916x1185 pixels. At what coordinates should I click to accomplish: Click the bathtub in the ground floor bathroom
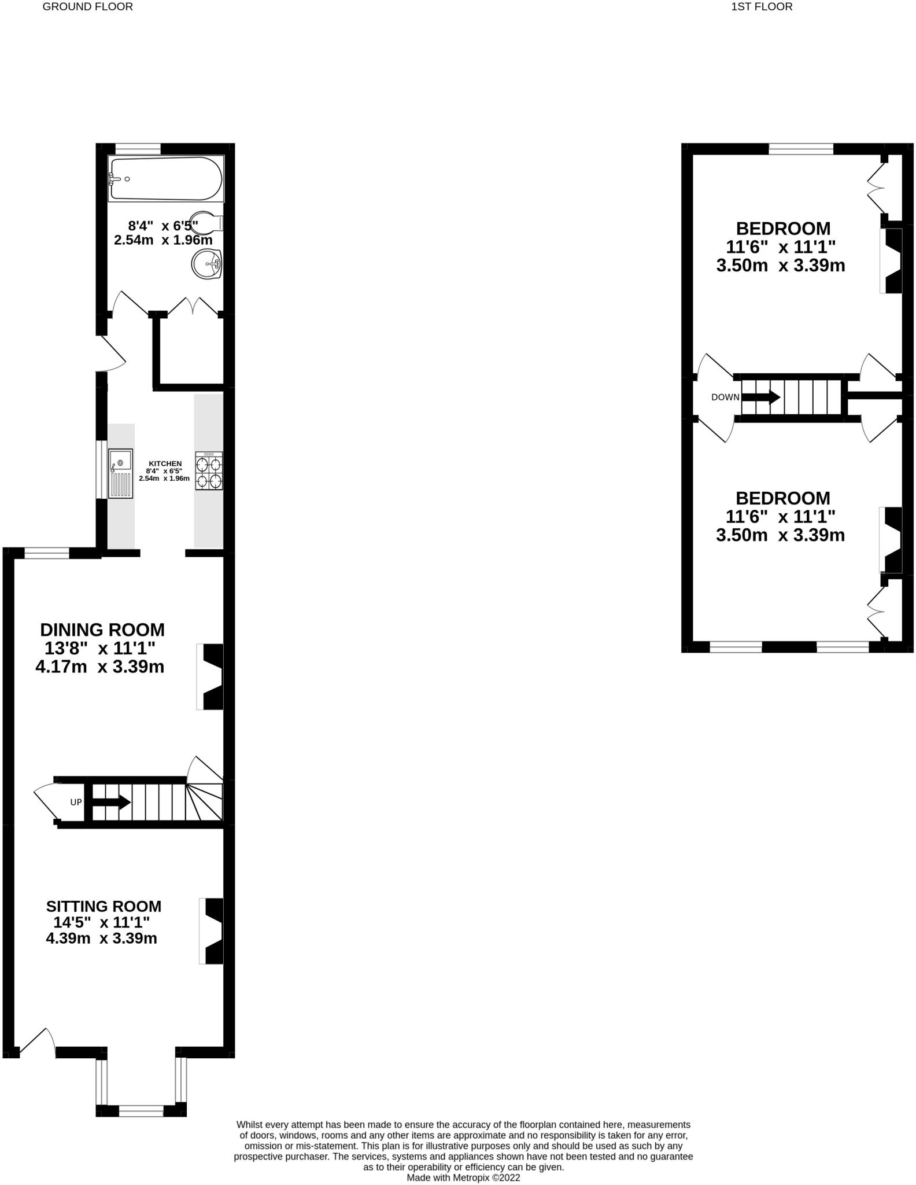(x=165, y=179)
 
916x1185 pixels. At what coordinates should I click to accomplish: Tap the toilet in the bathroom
(x=205, y=223)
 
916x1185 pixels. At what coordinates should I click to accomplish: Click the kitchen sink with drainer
(x=121, y=473)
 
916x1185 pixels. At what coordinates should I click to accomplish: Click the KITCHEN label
(x=165, y=463)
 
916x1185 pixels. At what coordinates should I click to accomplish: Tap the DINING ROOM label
(x=102, y=630)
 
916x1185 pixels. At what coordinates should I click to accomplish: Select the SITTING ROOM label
(x=104, y=906)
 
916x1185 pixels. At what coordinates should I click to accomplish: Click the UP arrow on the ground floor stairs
(x=111, y=802)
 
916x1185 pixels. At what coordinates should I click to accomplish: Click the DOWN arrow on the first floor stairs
(x=760, y=398)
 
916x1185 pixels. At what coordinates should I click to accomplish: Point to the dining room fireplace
(x=211, y=676)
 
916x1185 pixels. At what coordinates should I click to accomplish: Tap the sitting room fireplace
(x=212, y=930)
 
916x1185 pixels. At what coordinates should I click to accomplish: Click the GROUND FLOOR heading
(x=88, y=7)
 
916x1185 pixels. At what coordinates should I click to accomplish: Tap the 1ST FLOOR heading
(x=762, y=7)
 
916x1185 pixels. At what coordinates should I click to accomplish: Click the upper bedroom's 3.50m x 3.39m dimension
(x=781, y=266)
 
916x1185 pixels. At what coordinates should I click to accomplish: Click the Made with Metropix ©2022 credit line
(x=463, y=1177)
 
